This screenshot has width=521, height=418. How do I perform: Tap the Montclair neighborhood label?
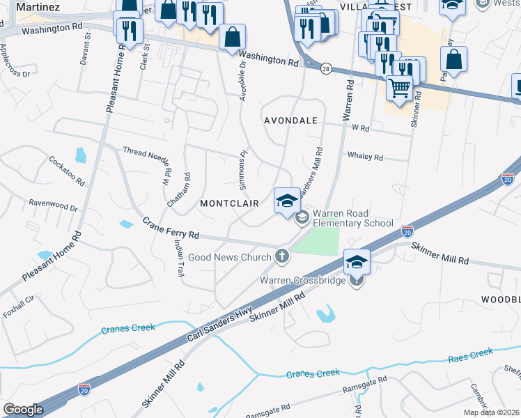coord(229,203)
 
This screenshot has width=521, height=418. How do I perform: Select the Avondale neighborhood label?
coord(290,121)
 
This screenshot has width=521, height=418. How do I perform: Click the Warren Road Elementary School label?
coord(352,218)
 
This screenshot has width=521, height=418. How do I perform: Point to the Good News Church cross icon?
coord(282,257)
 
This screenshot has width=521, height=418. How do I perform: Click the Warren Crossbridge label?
coord(304,281)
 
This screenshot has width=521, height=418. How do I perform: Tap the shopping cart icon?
coord(399,88)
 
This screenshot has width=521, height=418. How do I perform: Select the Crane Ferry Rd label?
coord(171,229)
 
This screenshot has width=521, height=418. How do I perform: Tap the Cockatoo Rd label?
coord(66,170)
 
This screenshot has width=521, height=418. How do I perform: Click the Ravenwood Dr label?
coord(53,207)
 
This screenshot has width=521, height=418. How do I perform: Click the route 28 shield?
coord(326,68)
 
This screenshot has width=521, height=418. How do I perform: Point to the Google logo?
coord(23,410)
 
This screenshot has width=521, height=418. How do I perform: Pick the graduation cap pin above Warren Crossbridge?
coord(357,263)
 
